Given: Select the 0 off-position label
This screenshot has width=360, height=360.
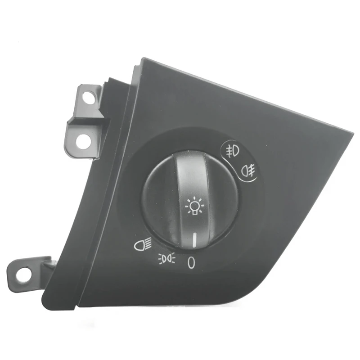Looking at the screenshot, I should (191, 262).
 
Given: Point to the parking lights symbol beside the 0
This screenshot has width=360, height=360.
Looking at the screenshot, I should (167, 258).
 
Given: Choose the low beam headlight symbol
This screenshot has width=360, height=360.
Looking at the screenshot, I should (143, 246).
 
